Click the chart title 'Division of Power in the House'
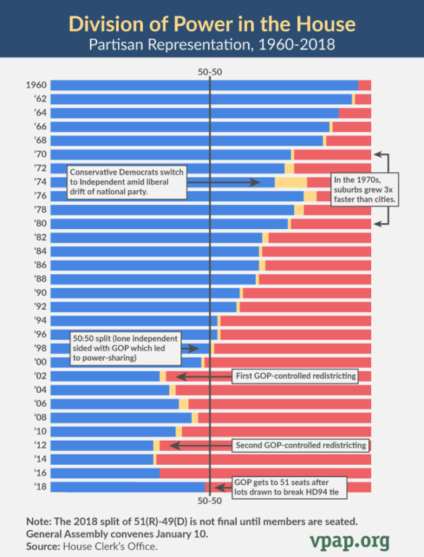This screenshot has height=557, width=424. pyautogui.click(x=212, y=24)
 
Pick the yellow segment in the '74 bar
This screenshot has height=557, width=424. pyautogui.click(x=291, y=182)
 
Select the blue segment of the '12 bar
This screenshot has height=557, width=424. pyautogui.click(x=102, y=445)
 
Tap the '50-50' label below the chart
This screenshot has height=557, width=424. pyautogui.click(x=209, y=501)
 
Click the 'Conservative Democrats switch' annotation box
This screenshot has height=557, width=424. pyautogui.click(x=127, y=182)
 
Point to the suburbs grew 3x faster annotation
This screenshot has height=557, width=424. pyautogui.click(x=361, y=189)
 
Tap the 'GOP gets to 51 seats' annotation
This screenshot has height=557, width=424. pyautogui.click(x=289, y=487)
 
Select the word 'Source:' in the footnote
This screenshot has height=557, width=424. pyautogui.click(x=42, y=545)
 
